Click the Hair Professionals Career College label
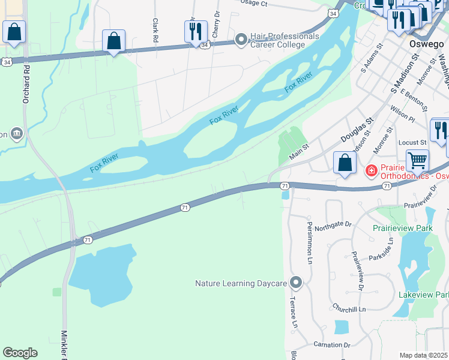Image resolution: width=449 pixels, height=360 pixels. click(x=285, y=40)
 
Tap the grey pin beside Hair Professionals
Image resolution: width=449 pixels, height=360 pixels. click(x=241, y=40)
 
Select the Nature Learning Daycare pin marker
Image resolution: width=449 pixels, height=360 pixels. click(x=295, y=282)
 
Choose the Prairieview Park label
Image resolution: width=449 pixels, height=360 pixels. click(x=403, y=229)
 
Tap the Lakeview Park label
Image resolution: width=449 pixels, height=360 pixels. click(x=423, y=295)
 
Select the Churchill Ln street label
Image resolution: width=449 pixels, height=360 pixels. click(x=349, y=308)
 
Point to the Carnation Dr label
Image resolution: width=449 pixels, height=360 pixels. click(x=331, y=345)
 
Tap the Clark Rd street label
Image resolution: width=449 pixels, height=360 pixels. click(x=155, y=25)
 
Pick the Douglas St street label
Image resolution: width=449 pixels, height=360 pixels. click(x=357, y=130)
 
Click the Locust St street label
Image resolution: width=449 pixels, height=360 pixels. click(x=412, y=143)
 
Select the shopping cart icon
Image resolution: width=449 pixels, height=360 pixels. click(x=417, y=161)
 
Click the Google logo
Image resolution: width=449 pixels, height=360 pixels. click(x=20, y=353)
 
